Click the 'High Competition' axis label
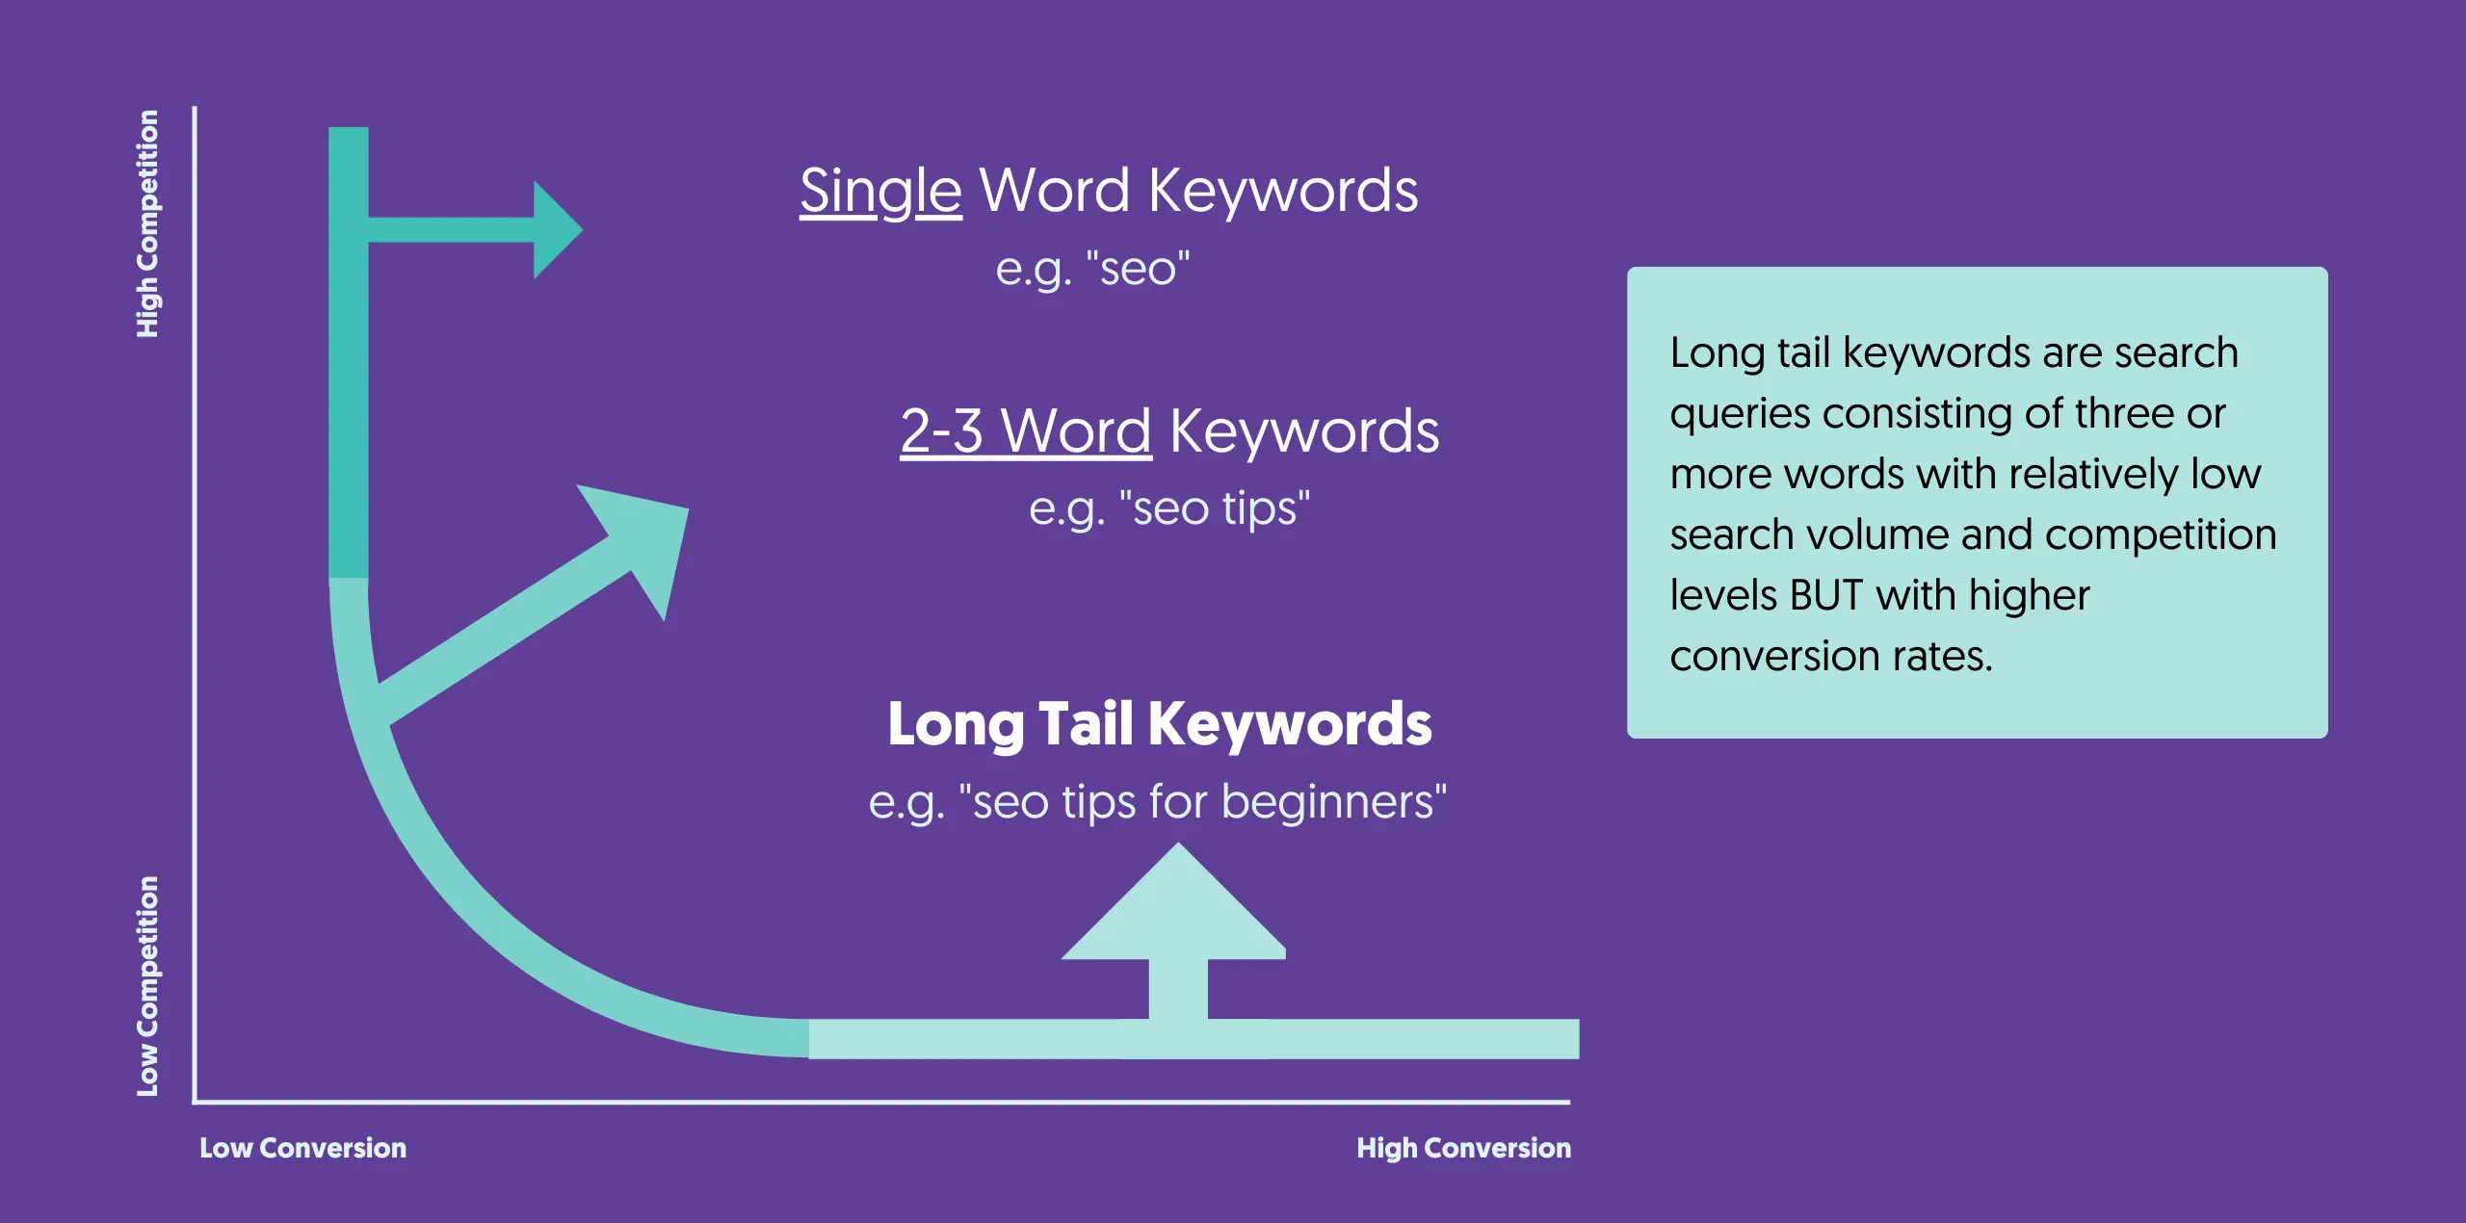coord(147,223)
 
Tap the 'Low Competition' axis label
coord(147,986)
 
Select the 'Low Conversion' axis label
coord(302,1148)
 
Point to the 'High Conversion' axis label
coord(1463,1148)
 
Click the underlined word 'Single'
coord(880,192)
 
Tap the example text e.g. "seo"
coord(1092,269)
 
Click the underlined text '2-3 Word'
coord(1026,430)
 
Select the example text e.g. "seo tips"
coord(1169,509)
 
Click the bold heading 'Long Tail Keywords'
coord(1160,725)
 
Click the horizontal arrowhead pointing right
coord(558,230)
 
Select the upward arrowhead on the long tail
coord(1174,901)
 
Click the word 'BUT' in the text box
coord(1825,595)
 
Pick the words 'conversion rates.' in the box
coord(1831,657)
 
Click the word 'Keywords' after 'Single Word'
coord(1283,192)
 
